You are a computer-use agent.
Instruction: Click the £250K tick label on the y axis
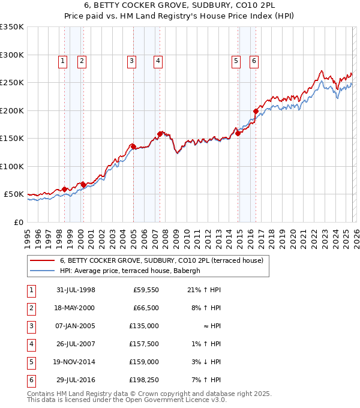[x=12, y=82]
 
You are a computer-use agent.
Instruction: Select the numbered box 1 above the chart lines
[x=63, y=60]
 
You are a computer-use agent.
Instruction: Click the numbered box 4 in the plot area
[x=157, y=60]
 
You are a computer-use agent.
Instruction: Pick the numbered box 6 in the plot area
[x=254, y=60]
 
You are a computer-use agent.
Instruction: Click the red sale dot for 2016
[x=256, y=111]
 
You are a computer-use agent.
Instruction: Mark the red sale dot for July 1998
[x=65, y=189]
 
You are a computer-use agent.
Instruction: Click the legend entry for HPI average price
[x=133, y=271]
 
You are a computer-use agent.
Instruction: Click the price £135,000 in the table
[x=144, y=326]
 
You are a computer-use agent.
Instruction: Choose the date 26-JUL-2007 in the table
[x=75, y=344]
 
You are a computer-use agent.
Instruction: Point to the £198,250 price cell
[x=144, y=380]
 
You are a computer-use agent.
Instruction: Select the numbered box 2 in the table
[x=31, y=308]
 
